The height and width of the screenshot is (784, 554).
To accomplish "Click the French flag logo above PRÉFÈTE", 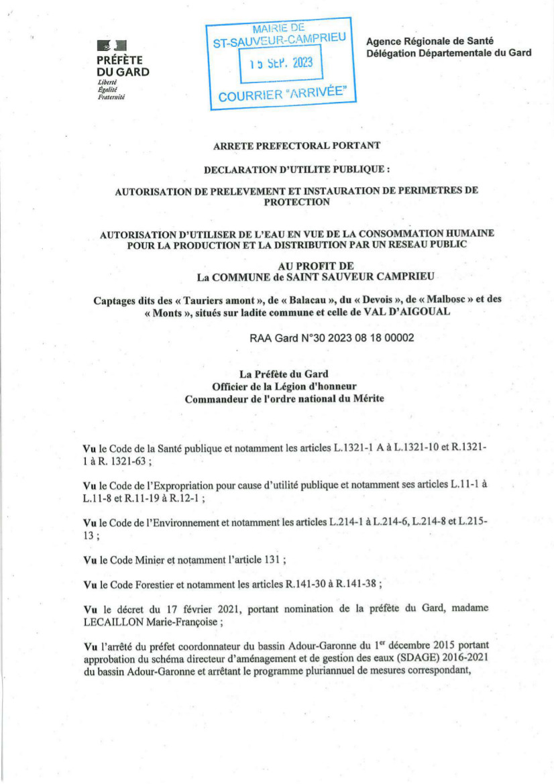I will click(111, 46).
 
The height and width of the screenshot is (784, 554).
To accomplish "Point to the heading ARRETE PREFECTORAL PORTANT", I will click(296, 145).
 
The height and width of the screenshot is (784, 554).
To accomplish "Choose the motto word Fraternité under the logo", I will click(111, 97).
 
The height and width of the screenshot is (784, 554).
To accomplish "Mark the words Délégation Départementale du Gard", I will click(449, 53).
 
